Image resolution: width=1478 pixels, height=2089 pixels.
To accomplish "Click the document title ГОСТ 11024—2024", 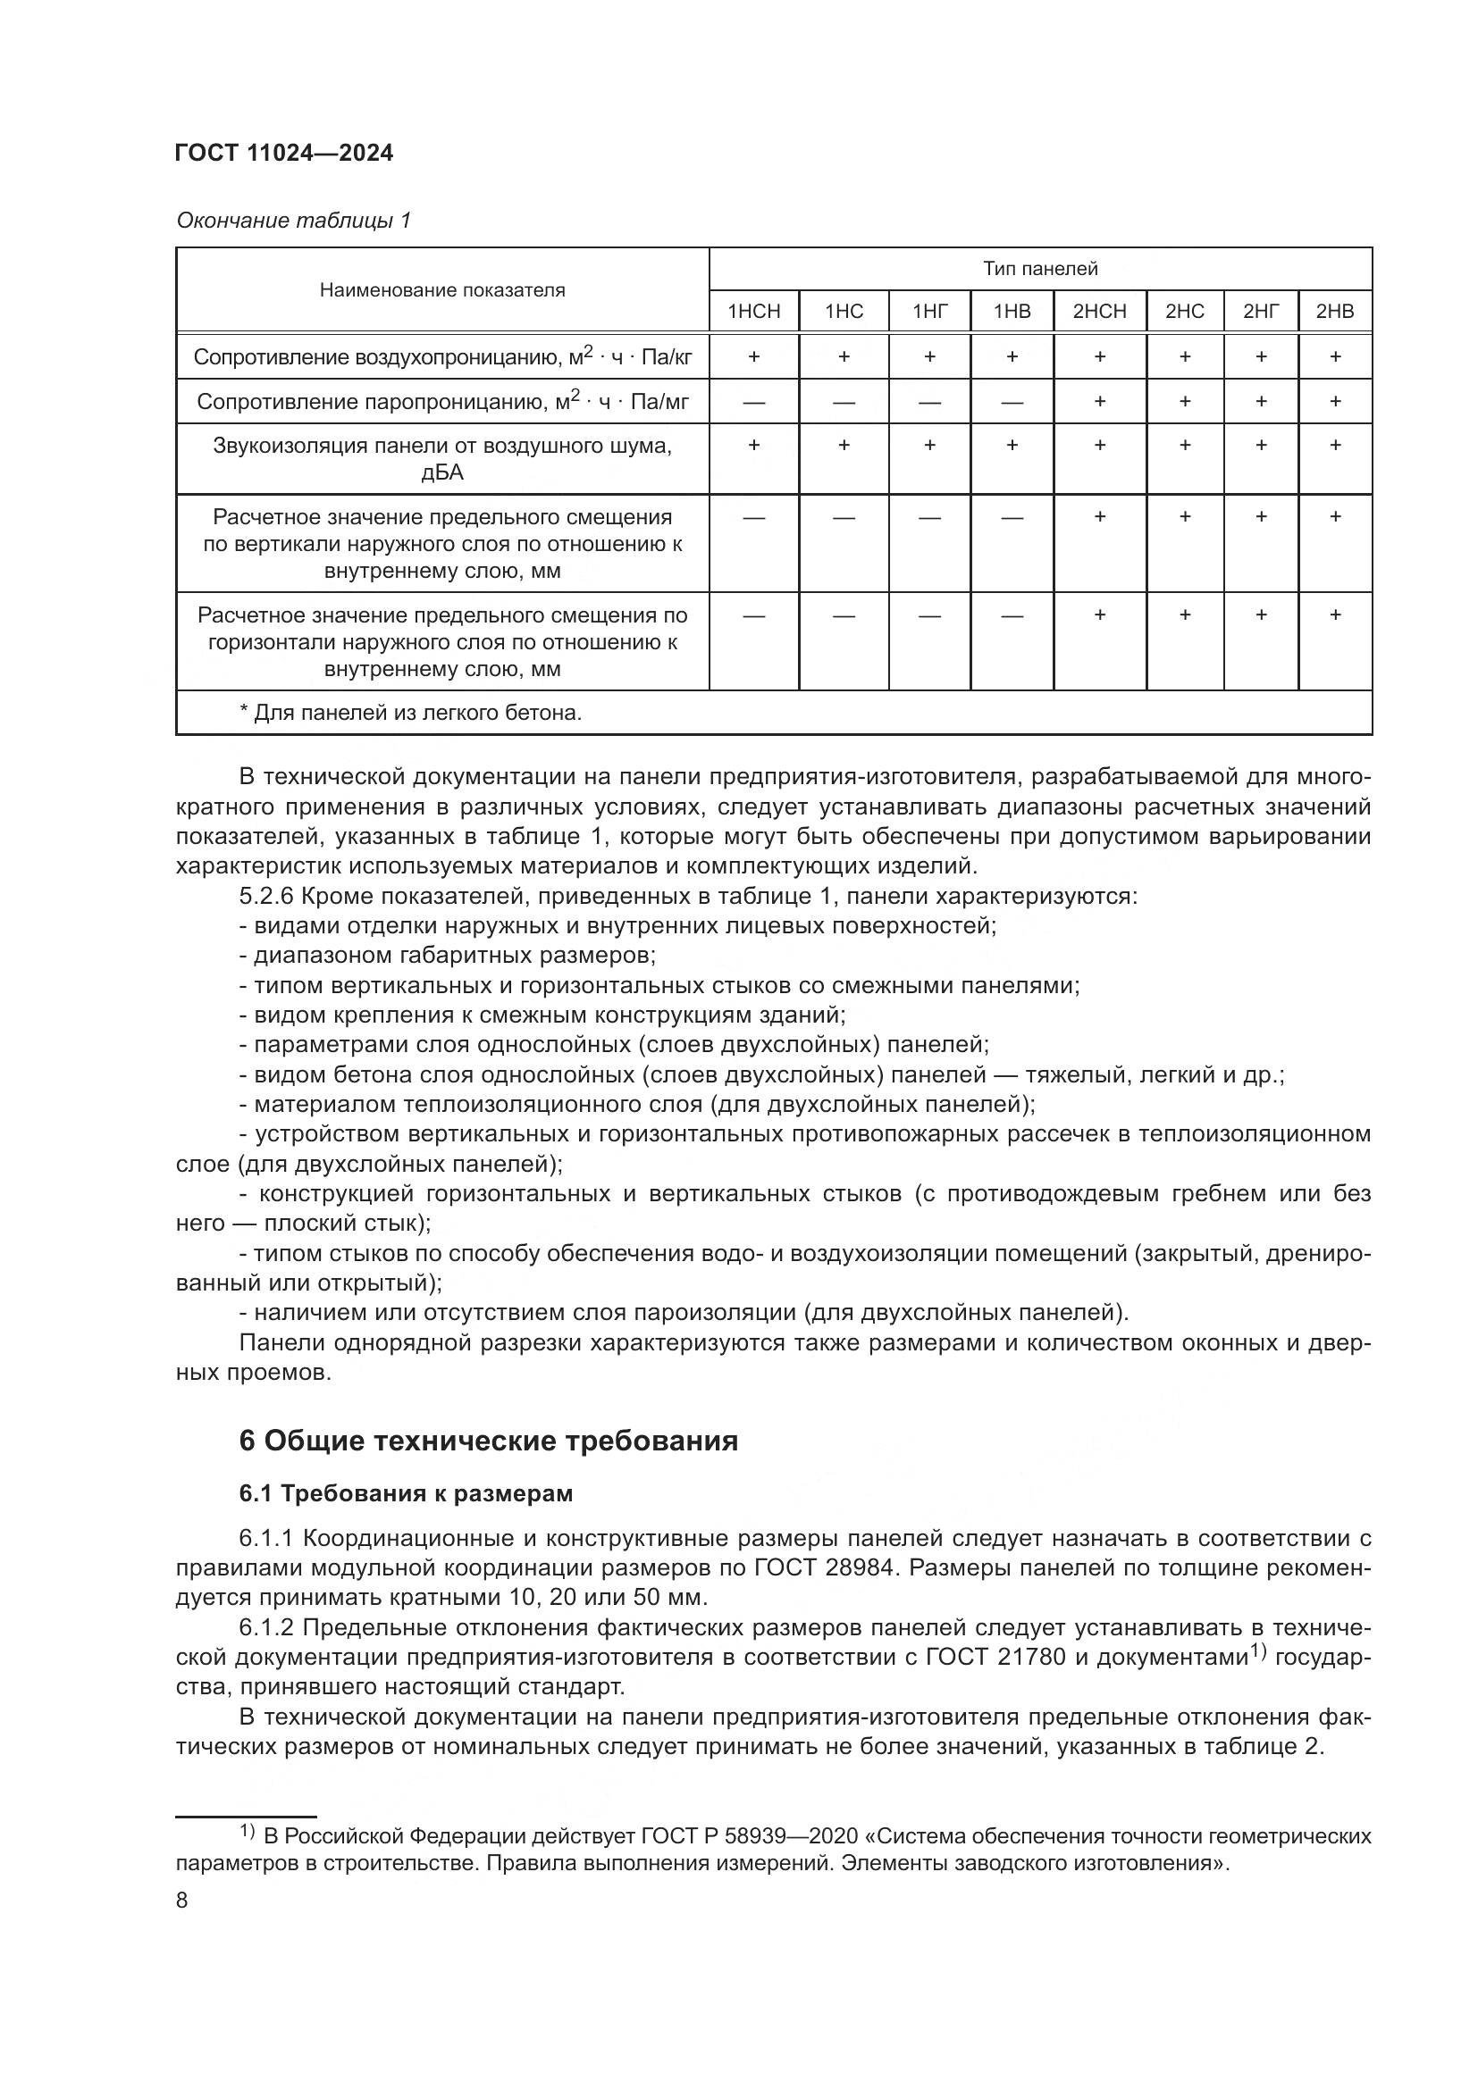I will tap(284, 153).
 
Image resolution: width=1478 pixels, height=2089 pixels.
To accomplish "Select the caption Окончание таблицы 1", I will tap(293, 221).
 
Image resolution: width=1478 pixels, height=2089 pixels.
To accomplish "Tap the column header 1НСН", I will tap(753, 311).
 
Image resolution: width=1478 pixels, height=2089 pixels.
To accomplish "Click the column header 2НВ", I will tap(1334, 311).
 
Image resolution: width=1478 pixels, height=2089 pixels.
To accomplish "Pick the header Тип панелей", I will tap(1039, 269).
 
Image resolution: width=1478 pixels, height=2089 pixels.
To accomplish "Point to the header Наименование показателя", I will tap(442, 290).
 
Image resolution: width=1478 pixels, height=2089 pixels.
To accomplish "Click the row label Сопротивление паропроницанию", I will tap(442, 401).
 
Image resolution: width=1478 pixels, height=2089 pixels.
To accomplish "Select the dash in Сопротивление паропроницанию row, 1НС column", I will tap(844, 401).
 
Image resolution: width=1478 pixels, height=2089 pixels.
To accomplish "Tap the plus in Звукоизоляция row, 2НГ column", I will tap(1261, 445).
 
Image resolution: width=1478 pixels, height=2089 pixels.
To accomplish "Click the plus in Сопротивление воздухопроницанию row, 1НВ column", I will tap(1012, 356).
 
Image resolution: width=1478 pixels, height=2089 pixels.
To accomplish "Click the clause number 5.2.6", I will tap(265, 896).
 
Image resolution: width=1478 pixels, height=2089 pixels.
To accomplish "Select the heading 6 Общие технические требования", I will tap(488, 1441).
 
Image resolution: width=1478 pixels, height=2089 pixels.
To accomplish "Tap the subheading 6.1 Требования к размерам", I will tap(406, 1494).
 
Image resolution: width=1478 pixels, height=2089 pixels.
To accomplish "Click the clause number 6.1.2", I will tap(265, 1626).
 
